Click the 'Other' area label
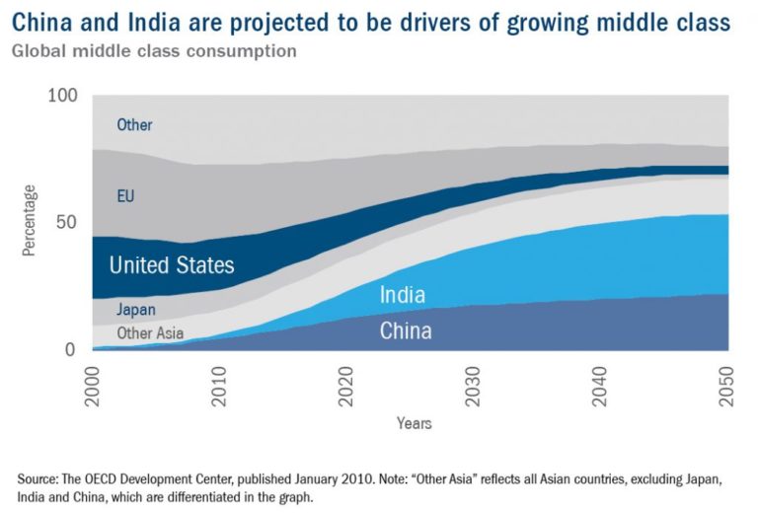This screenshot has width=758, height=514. [x=134, y=125]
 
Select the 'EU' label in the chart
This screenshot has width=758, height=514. [x=125, y=196]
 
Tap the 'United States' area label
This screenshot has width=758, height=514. [x=172, y=264]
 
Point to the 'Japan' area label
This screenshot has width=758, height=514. [x=136, y=309]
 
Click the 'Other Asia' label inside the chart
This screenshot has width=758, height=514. [x=150, y=333]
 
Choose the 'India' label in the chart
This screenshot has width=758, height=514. [x=403, y=294]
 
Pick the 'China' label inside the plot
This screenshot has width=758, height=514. [x=406, y=330]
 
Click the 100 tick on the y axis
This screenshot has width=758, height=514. [x=61, y=96]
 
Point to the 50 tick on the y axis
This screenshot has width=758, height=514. [x=66, y=223]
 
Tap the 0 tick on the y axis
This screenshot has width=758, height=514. [x=70, y=349]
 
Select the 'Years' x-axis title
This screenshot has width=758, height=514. [x=413, y=423]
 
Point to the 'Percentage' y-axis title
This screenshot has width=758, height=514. [x=30, y=221]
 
